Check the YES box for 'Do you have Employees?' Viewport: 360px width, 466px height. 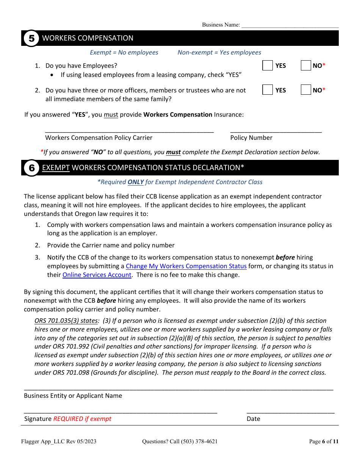pos(268,66)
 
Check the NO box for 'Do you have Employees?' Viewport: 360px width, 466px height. pos(306,66)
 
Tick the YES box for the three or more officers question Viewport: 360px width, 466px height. pos(268,90)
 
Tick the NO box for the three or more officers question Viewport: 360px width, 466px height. pos(306,90)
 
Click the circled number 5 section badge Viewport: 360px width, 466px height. pos(31,38)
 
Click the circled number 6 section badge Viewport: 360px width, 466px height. pos(31,167)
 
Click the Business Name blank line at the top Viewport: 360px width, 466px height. pos(290,25)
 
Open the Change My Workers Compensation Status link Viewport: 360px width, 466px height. pos(186,266)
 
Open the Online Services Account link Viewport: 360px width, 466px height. pos(97,275)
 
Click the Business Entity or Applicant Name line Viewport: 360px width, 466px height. pos(178,388)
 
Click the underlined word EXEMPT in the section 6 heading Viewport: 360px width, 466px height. pos(56,167)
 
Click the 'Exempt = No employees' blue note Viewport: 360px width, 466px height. pos(124,53)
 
